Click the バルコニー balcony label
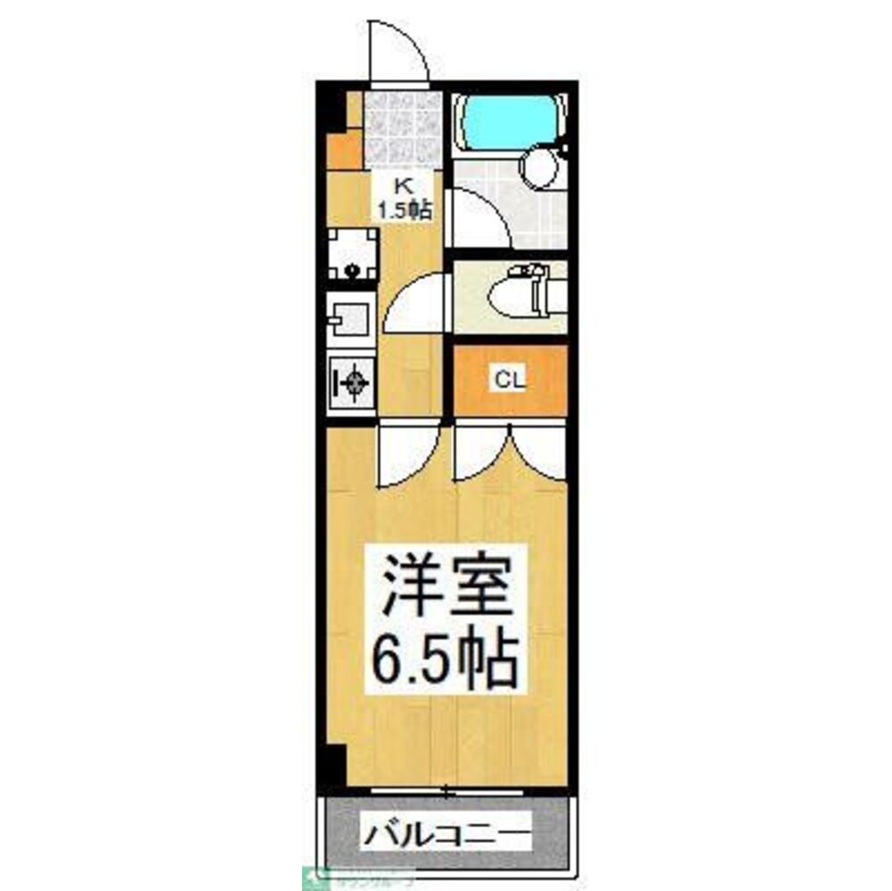[446, 835]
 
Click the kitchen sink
[350, 318]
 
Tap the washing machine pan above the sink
[352, 254]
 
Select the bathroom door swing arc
[477, 218]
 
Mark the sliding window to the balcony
[446, 789]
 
